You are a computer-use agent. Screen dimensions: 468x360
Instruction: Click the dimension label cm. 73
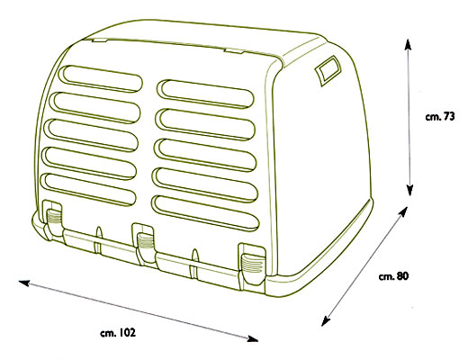pos(440,116)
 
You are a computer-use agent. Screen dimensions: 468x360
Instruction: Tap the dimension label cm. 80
pos(393,276)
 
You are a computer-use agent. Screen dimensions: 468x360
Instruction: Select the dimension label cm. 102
pos(118,333)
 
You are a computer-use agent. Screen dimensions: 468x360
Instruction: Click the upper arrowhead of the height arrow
pos(408,44)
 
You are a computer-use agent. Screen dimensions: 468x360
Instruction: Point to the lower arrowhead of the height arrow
pos(409,190)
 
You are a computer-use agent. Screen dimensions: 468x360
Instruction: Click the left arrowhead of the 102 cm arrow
pos(24,283)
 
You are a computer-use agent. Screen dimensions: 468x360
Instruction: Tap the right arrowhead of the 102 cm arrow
pos(252,338)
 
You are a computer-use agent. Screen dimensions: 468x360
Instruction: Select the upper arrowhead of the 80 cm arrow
pos(403,211)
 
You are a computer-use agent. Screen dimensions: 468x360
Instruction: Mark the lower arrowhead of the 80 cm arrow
pos(326,321)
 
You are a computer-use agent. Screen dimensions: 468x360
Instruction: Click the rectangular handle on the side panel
pos(328,71)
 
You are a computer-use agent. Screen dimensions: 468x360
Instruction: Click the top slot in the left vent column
pos(103,78)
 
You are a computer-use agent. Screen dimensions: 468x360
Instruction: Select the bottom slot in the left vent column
pos(90,189)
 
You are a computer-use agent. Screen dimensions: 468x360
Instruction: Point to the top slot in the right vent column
pos(206,94)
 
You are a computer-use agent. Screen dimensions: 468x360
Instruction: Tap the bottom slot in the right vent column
pos(205,212)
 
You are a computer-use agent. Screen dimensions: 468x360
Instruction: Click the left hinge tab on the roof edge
pos(100,40)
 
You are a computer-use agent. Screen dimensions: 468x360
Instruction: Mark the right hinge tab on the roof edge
pos(233,50)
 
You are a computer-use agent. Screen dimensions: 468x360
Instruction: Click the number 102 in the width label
pos(128,332)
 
